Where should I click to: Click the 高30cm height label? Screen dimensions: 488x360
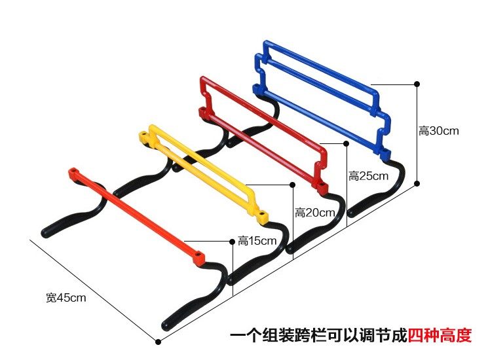click(438, 131)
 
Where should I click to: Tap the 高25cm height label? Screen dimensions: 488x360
click(368, 176)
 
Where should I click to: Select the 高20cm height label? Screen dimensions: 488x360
click(314, 212)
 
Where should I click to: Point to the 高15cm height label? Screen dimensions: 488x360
click(257, 241)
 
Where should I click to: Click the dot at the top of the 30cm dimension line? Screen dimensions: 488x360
click(417, 84)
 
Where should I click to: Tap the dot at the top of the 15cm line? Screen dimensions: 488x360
click(233, 242)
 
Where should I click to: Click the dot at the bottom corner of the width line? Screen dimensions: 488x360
click(158, 340)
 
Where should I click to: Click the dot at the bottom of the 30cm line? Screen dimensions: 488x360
click(417, 185)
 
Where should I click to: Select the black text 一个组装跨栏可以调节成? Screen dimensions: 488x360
click(318, 336)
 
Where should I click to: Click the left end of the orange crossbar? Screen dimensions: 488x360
click(72, 173)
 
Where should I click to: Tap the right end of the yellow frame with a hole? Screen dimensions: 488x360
click(262, 214)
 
